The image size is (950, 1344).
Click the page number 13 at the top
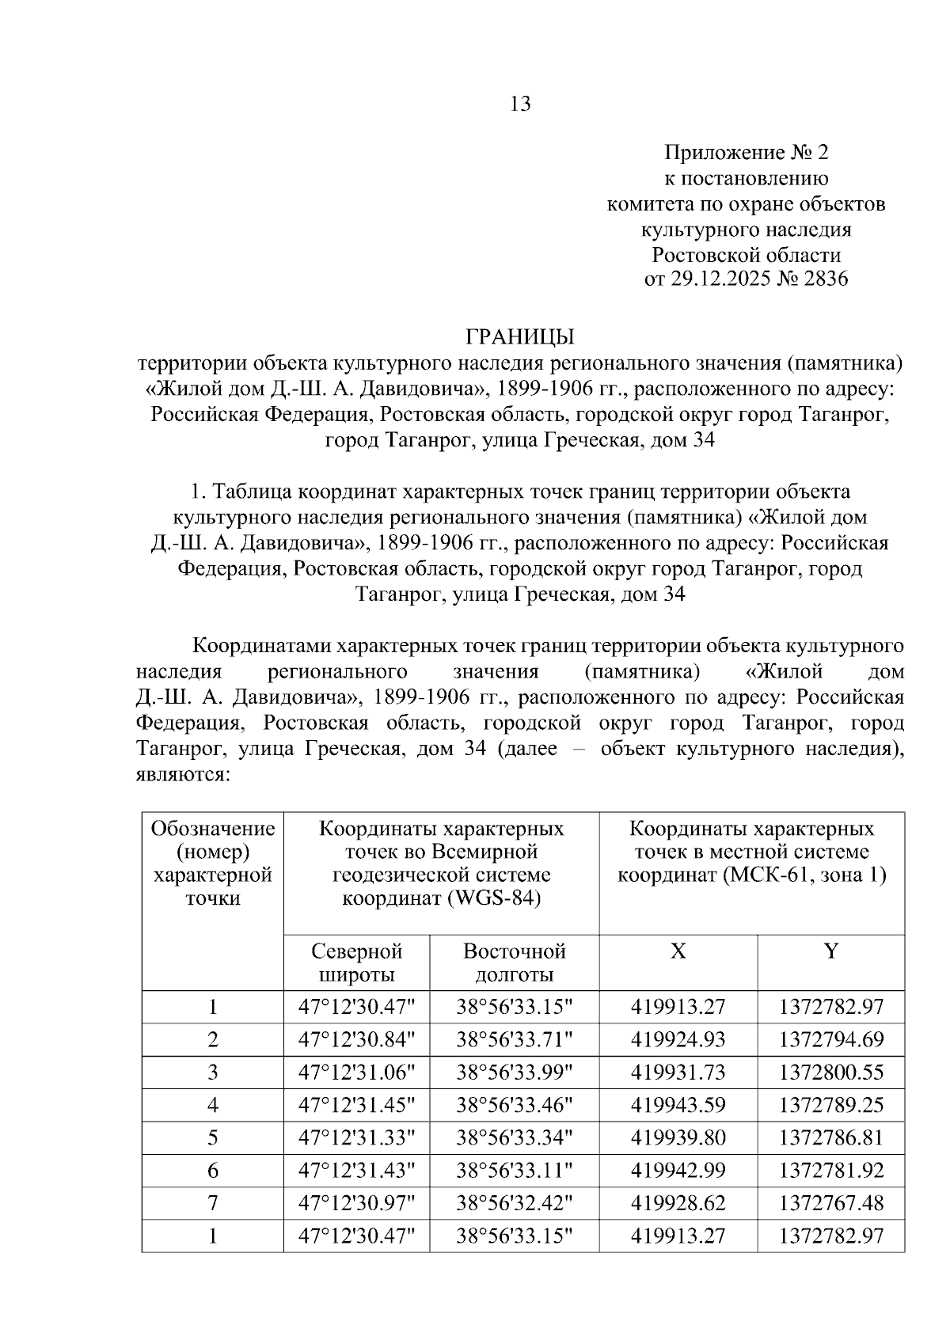click(521, 104)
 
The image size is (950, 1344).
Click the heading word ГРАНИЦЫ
click(519, 337)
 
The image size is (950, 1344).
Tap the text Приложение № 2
click(746, 152)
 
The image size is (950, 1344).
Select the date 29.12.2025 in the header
click(720, 279)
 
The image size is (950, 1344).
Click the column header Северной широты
click(356, 962)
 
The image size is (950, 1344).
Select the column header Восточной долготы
click(514, 962)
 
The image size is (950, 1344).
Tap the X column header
click(678, 951)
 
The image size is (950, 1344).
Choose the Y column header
click(830, 951)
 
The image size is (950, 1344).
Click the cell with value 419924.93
click(678, 1039)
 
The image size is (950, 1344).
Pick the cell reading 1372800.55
click(830, 1073)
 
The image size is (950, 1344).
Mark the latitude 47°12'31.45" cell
click(356, 1105)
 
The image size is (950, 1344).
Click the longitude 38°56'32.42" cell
click(514, 1203)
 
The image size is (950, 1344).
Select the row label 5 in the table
click(212, 1137)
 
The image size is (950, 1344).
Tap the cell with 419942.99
click(678, 1171)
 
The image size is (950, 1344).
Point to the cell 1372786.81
click(830, 1137)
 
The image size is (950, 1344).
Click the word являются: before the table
click(183, 774)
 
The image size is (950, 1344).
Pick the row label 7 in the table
click(212, 1203)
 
